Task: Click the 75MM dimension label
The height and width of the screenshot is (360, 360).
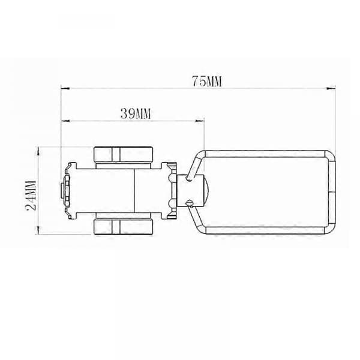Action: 207,81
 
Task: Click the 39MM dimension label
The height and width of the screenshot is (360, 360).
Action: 136,113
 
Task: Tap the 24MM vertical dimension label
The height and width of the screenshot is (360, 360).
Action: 31,196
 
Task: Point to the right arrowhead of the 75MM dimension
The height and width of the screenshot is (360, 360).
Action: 331,88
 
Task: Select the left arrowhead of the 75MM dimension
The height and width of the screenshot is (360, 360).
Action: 65,88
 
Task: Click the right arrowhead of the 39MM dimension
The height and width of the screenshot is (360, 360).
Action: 200,121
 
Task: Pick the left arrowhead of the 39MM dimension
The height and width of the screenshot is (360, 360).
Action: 65,121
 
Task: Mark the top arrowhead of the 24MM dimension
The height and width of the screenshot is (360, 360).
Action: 38,151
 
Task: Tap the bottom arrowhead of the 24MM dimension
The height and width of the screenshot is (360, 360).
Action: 38,230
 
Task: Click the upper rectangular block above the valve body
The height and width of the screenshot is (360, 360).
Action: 123,154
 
